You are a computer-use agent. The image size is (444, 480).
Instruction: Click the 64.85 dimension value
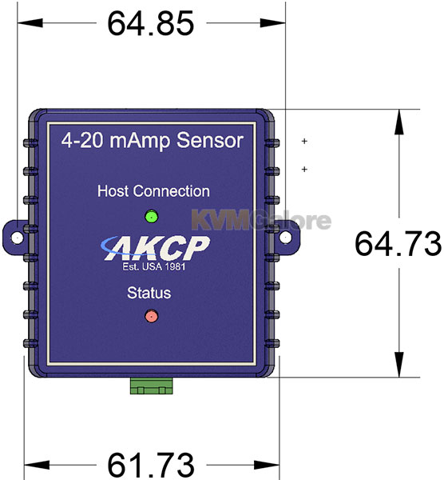point(151,23)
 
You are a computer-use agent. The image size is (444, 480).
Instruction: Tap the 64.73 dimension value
point(398,244)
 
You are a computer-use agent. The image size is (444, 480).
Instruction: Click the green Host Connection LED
point(151,217)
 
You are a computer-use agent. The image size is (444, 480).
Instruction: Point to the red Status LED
point(151,316)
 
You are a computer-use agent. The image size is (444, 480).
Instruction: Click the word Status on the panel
point(149,293)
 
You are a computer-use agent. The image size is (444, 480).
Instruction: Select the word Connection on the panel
point(172,191)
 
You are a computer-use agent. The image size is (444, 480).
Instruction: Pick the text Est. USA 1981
point(154,266)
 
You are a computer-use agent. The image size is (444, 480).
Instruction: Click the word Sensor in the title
point(210,141)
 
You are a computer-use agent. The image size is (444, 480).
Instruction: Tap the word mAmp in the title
point(139,142)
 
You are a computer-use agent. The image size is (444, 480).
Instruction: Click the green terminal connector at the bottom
point(151,386)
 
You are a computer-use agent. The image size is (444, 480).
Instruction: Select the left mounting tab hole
point(17,238)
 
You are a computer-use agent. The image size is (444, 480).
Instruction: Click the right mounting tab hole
point(285,237)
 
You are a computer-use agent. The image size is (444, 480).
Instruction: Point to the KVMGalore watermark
point(261,220)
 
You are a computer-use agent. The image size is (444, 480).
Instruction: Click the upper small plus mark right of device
point(304,141)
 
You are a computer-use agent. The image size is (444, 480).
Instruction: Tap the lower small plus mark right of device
point(304,169)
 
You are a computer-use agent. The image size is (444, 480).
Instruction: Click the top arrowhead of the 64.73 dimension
point(399,122)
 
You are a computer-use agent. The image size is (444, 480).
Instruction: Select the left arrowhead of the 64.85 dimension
point(30,22)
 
